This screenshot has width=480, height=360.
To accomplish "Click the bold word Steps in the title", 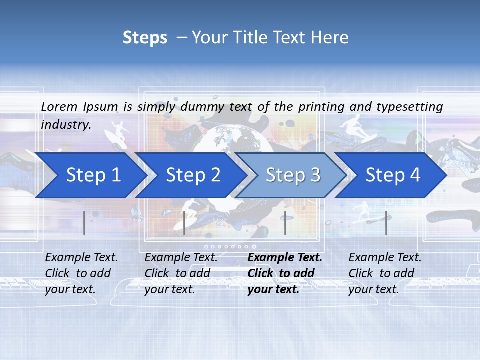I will point(145,38).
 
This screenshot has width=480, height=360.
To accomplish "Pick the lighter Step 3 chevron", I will point(293,175).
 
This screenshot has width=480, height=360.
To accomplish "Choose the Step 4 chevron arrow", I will point(393,175).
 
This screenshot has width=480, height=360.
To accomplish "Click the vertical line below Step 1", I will point(84,223).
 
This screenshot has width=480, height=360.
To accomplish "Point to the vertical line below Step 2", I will point(184,223).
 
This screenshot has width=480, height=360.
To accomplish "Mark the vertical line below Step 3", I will point(285,223).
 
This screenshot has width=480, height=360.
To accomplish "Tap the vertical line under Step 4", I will point(386,223).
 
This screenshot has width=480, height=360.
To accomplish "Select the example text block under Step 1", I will point(81,273).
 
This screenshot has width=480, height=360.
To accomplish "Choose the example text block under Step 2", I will point(181,273).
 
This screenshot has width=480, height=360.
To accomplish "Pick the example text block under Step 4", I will point(385,273).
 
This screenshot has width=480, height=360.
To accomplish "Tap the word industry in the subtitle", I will point(65,125).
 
